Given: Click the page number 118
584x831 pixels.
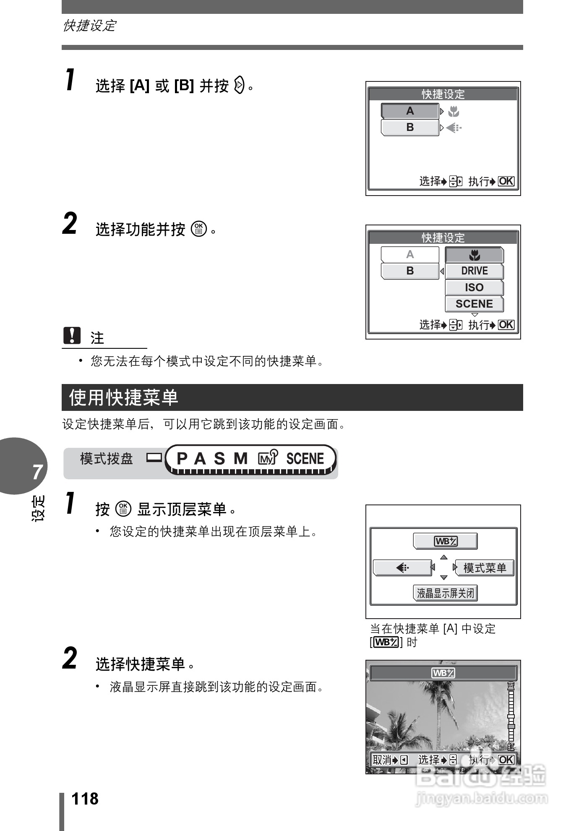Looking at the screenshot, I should coord(85,799).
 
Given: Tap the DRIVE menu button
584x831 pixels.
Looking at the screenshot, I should coord(474,271).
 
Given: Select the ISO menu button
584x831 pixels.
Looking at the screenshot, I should coord(474,287).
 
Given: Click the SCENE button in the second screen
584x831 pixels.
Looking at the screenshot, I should coord(474,304).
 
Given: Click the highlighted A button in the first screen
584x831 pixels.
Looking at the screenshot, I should coord(409,111).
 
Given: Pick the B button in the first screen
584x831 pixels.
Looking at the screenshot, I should coord(409,128).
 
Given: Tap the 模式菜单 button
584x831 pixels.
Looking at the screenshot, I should coord(484,568).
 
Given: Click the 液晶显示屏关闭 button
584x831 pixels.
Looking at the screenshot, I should coord(445,593).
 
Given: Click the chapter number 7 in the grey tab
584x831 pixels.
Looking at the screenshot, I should coord(37,472).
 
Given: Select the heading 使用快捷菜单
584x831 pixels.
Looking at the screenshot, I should coord(124,397).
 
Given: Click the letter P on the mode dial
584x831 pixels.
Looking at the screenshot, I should coord(182,458).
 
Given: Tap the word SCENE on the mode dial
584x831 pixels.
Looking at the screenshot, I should coord(305,458).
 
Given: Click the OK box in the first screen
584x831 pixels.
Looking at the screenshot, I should coord(506,181).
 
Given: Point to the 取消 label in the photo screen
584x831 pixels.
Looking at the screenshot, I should coord(382,760).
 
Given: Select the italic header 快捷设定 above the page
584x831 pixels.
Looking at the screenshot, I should coord(89,26).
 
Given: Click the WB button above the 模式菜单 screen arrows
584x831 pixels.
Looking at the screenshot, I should coord(445,541).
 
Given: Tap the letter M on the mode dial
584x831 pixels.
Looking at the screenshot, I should coord(240,458).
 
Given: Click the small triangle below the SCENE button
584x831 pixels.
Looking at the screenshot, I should coord(474,315).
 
